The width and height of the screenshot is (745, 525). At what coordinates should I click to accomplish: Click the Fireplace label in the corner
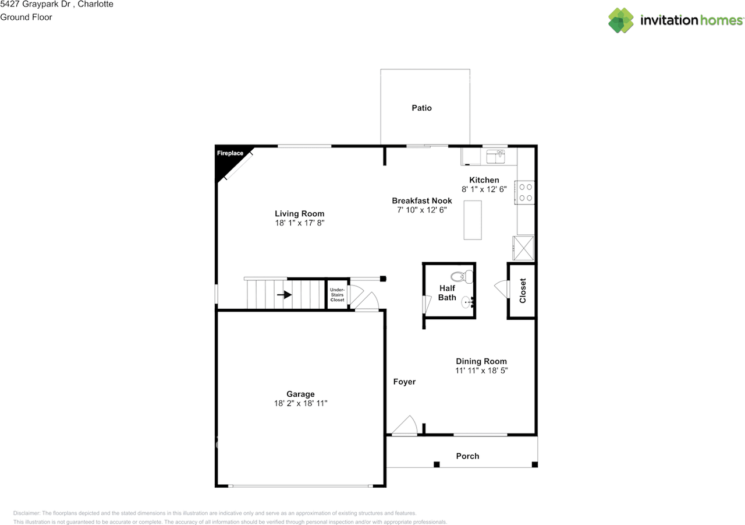click(x=230, y=153)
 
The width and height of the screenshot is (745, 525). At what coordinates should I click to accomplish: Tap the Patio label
click(x=422, y=108)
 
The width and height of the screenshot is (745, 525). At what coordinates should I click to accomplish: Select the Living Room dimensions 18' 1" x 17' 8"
click(x=300, y=223)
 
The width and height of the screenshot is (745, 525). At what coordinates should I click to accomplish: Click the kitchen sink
click(x=496, y=157)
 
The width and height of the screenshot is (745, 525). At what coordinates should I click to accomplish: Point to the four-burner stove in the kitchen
click(x=525, y=192)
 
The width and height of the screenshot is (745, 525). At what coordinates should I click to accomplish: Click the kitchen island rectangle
click(x=473, y=220)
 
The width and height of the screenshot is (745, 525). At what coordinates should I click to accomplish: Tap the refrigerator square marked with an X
click(x=523, y=248)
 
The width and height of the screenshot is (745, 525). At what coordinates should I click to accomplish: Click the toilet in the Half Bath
click(x=462, y=276)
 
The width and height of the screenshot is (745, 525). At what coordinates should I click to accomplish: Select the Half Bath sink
click(x=467, y=302)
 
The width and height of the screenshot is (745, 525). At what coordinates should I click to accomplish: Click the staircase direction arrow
click(x=285, y=295)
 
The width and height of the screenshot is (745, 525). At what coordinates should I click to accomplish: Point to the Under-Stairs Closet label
click(x=337, y=295)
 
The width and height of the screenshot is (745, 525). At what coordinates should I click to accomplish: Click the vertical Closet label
click(x=523, y=291)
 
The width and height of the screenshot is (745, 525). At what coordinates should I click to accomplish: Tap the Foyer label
click(x=405, y=382)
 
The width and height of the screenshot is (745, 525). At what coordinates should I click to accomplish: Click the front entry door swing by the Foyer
click(x=405, y=426)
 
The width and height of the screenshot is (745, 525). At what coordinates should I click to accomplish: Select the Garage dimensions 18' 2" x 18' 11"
click(x=301, y=403)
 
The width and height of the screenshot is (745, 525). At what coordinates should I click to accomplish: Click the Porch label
click(x=467, y=456)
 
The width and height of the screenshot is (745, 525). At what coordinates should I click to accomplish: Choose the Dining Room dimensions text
click(x=481, y=371)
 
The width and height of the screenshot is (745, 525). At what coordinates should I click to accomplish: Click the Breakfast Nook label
click(x=422, y=201)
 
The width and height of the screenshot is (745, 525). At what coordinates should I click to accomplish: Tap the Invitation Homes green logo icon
click(x=621, y=20)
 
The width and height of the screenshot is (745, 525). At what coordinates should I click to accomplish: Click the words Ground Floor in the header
click(x=26, y=17)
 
